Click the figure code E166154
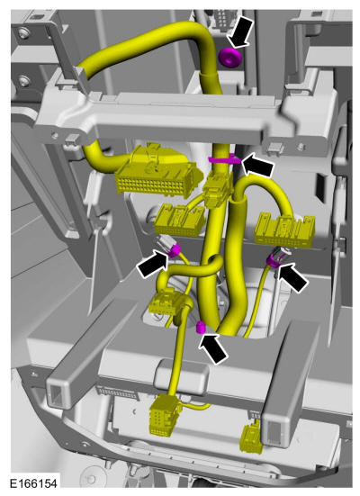point(33,483)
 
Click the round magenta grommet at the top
point(229,58)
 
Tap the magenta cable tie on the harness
point(225,159)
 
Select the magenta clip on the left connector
point(175,250)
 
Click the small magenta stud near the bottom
point(200,328)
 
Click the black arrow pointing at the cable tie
point(257,165)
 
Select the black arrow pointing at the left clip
point(152,265)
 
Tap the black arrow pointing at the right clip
point(292,276)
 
